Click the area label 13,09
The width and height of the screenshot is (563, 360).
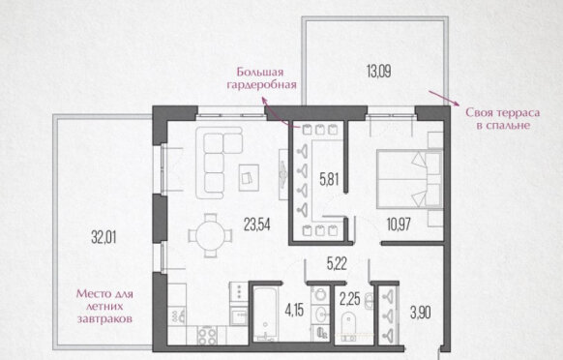click(x=378, y=71)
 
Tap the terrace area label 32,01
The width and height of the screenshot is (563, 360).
click(x=104, y=237)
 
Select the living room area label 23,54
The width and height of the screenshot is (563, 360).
click(x=256, y=225)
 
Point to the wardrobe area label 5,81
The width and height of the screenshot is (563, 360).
click(x=329, y=179)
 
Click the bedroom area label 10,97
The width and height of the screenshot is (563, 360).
click(x=399, y=225)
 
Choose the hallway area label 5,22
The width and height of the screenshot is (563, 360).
click(x=337, y=264)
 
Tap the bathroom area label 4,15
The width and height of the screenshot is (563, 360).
click(x=294, y=310)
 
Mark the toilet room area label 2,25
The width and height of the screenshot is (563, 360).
click(x=350, y=299)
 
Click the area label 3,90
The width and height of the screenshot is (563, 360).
click(x=421, y=313)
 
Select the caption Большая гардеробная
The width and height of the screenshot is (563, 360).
click(x=262, y=78)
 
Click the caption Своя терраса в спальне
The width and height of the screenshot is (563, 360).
click(x=503, y=119)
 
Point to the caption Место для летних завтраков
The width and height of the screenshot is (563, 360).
click(x=104, y=306)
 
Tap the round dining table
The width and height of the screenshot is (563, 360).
click(x=211, y=236)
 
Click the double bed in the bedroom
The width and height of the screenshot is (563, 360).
click(x=409, y=179)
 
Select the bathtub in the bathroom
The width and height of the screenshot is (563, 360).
click(x=265, y=314)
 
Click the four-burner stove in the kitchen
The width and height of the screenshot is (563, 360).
click(x=207, y=336)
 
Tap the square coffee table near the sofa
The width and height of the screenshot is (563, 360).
click(x=249, y=177)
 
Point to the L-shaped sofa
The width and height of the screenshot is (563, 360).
click(x=219, y=162)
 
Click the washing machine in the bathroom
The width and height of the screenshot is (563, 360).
click(x=319, y=295)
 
